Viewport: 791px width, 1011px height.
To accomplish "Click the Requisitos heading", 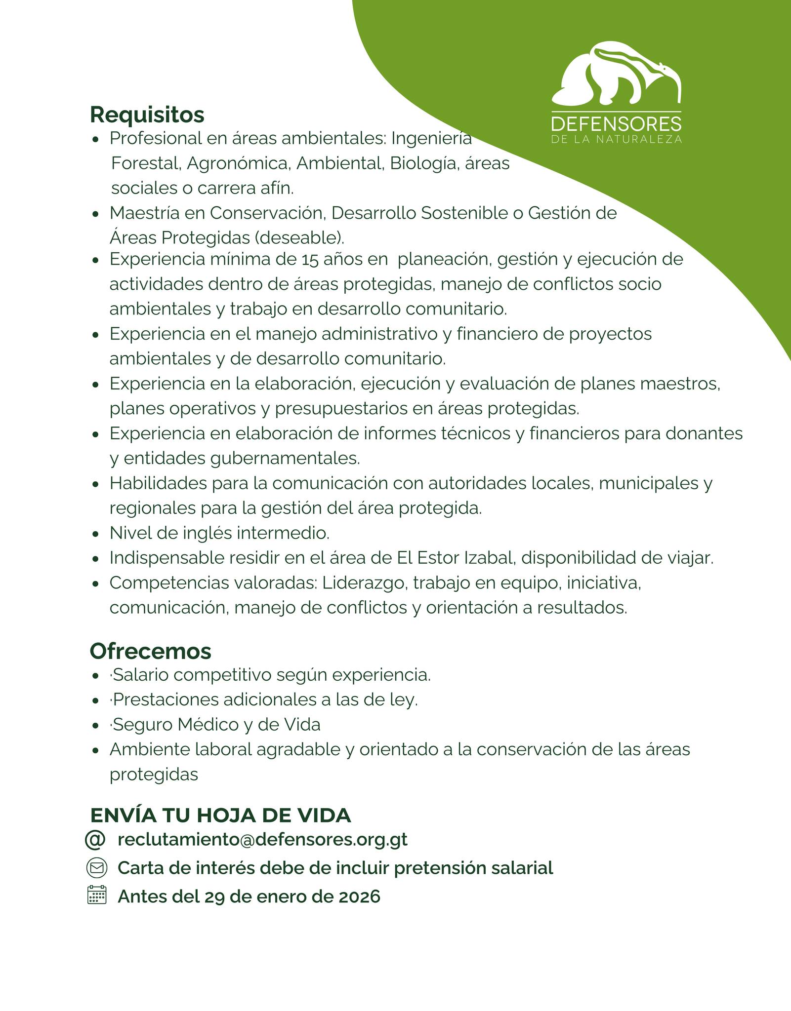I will pyautogui.click(x=147, y=115).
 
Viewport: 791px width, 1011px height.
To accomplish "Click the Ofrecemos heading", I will pyautogui.click(x=150, y=651).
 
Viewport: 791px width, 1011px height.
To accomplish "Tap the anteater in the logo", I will pyautogui.click(x=618, y=74).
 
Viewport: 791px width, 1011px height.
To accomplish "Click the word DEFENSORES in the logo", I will pyautogui.click(x=616, y=124).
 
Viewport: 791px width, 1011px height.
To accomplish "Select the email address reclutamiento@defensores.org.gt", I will pyautogui.click(x=262, y=839).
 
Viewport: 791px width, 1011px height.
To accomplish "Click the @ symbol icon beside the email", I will pyautogui.click(x=95, y=840).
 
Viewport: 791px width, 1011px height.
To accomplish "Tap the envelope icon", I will pyautogui.click(x=96, y=867).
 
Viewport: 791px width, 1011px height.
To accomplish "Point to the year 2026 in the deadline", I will pyautogui.click(x=359, y=896).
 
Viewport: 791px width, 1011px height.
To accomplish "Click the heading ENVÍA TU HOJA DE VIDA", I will pyautogui.click(x=220, y=815).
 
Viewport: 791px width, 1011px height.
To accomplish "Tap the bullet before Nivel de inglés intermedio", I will pyautogui.click(x=96, y=534).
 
